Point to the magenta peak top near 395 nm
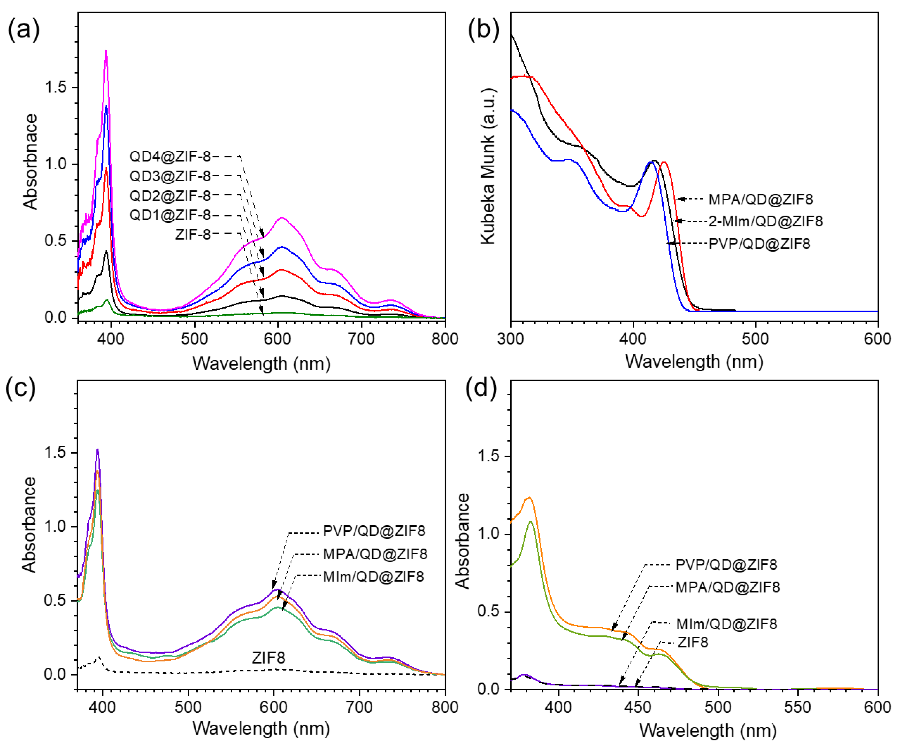tap(106, 51)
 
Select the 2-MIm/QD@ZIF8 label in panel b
tap(765, 221)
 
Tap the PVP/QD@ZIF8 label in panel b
tap(760, 244)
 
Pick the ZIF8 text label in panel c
tap(268, 658)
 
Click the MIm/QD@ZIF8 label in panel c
tap(373, 577)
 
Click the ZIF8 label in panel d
tap(693, 642)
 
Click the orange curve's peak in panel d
tap(529, 497)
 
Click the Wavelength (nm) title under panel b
tap(694, 362)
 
